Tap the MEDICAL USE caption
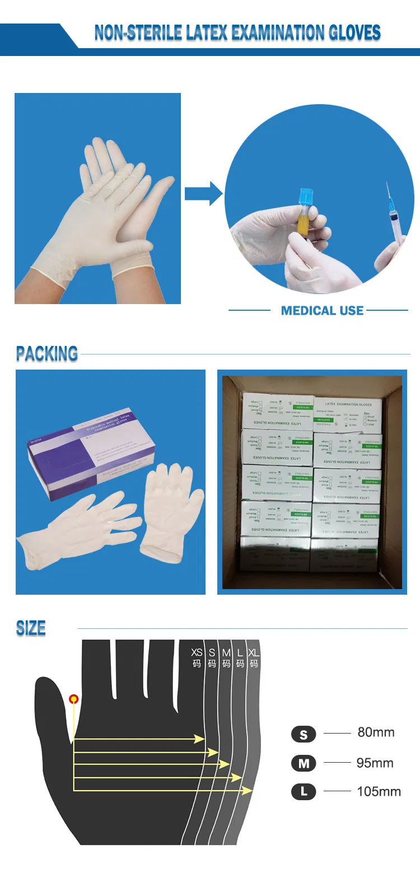[322, 311]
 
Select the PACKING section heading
[47, 354]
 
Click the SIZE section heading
[31, 628]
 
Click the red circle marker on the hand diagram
[73, 699]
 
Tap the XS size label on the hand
[197, 653]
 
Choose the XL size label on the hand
[254, 653]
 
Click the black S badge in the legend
[304, 734]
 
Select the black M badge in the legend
[304, 763]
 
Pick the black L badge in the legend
[304, 792]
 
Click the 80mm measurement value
[376, 732]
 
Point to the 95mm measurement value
[375, 763]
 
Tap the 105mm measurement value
[379, 792]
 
